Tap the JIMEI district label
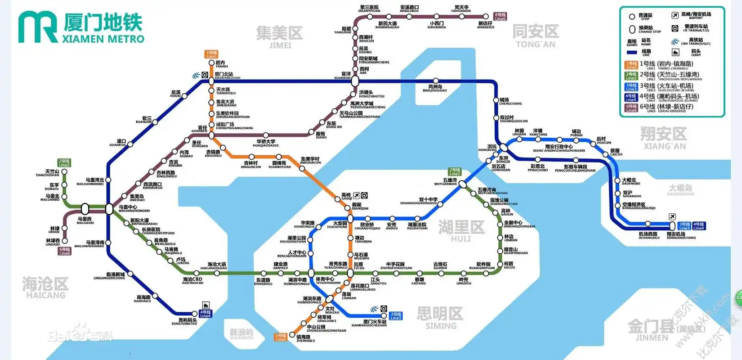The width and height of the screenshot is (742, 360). tap(279, 36)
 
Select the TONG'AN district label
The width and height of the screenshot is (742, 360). tap(535, 36)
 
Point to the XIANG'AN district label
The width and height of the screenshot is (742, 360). tap(664, 138)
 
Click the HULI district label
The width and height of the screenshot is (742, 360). tap(461, 231)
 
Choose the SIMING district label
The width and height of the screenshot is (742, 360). tap(440, 318)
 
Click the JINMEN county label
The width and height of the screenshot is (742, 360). tap(652, 330)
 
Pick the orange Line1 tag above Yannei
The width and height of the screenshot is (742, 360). tap(211, 54)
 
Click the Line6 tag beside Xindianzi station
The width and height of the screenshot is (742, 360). tap(500, 17)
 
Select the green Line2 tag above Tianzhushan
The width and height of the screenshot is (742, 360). tap(64, 163)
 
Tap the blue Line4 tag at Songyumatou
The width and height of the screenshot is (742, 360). tap(205, 314)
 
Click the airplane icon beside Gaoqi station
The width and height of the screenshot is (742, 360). tap(357, 195)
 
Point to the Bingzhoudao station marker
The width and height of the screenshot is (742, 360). tap(435, 81)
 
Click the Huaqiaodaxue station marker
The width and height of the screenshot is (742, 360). tap(266, 135)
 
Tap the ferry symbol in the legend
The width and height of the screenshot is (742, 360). tap(675, 52)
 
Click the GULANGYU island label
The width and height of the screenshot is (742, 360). tap(241, 333)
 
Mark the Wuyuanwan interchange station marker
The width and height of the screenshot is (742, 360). tap(463, 184)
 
